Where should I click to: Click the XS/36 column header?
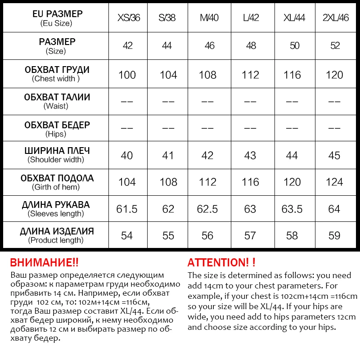pos(129,18)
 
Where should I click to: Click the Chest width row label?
pos(56,74)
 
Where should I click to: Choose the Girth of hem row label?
pos(56,182)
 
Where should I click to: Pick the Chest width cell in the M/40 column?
pos(208,75)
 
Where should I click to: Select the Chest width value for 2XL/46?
pos(334,75)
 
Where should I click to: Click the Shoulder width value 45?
pos(334,155)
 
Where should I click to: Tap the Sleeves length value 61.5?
pos(127,209)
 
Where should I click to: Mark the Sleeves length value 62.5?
pos(208,209)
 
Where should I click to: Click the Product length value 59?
pos(334,235)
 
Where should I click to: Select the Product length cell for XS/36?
pos(127,235)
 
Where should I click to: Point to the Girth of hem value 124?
pos(334,182)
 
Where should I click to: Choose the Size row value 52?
pos(334,46)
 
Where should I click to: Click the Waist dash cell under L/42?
pos(250,102)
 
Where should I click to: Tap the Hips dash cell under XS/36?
pos(127,128)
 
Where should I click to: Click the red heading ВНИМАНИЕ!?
pos(44,262)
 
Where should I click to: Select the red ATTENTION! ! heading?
pos(221,262)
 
